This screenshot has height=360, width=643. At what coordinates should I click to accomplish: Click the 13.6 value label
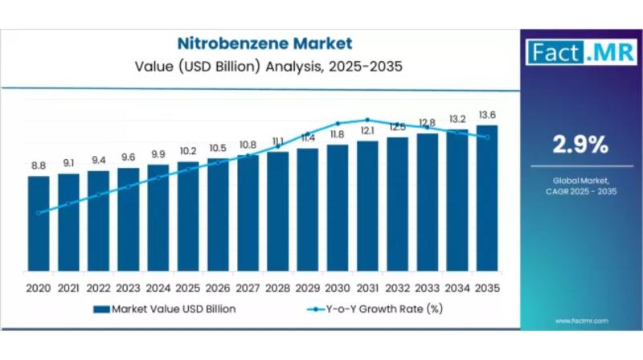click(x=487, y=114)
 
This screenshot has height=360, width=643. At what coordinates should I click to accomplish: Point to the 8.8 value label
click(x=39, y=166)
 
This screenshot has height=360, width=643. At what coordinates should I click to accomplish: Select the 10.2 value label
click(x=188, y=151)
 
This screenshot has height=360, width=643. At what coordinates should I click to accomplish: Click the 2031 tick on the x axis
click(x=367, y=288)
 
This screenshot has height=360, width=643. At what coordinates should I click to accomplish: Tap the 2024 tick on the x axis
click(x=158, y=288)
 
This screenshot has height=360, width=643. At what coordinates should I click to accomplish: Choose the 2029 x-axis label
click(x=308, y=288)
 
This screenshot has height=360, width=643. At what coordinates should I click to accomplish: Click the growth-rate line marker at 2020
click(x=39, y=213)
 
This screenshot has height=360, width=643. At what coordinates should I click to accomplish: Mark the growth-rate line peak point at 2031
click(x=367, y=120)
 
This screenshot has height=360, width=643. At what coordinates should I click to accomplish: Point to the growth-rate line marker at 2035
click(x=487, y=137)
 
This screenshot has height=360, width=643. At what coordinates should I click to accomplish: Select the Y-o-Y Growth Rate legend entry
click(x=377, y=308)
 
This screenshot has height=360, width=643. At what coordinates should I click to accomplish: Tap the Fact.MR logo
click(x=573, y=53)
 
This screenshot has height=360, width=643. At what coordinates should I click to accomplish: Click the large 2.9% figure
click(x=578, y=145)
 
